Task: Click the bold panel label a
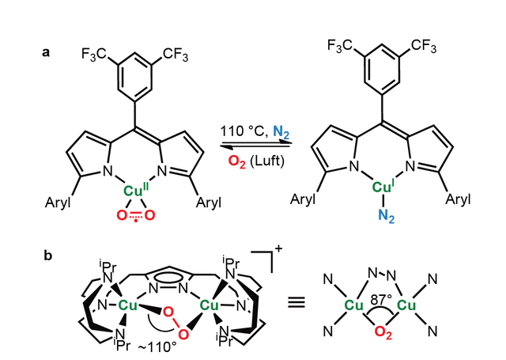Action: click(46, 52)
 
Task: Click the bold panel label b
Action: click(47, 256)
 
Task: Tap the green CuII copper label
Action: click(136, 190)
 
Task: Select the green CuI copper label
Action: click(383, 186)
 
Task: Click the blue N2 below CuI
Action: click(387, 215)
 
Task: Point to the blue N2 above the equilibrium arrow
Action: click(281, 132)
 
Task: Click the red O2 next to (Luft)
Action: click(237, 161)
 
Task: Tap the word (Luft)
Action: click(267, 161)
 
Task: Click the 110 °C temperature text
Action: click(244, 131)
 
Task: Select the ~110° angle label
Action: click(157, 347)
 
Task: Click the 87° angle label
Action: click(381, 300)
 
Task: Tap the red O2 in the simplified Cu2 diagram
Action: click(383, 332)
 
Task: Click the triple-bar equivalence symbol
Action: click(296, 302)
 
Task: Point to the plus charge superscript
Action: click(278, 248)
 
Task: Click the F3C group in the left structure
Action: click(93, 55)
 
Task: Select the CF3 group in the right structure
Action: click(424, 46)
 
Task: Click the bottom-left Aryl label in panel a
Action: click(58, 203)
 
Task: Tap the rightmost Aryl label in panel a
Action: click(458, 199)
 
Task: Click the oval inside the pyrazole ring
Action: click(168, 278)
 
